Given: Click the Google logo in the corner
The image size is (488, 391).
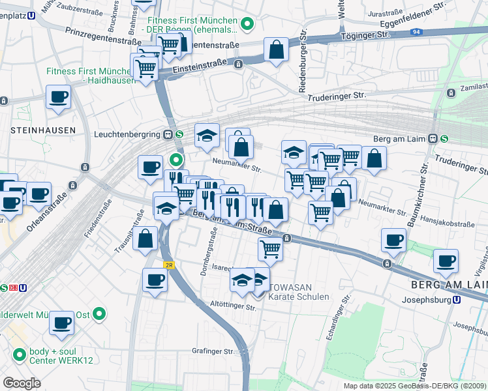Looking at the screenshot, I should [22, 383].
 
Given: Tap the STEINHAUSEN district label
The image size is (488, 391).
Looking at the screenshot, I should [42, 130].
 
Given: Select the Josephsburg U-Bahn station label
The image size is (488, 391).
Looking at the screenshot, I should [427, 300].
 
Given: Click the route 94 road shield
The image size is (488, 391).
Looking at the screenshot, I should [416, 32].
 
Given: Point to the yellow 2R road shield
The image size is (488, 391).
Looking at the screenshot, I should [169, 265].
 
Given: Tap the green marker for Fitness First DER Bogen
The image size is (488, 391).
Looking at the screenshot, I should [247, 25].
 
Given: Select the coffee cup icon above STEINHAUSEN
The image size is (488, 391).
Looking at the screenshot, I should [58, 98].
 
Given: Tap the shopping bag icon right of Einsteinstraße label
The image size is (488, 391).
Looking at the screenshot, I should [276, 49].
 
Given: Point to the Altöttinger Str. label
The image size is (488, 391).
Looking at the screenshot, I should [232, 304].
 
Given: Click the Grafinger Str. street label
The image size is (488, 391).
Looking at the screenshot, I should [213, 351].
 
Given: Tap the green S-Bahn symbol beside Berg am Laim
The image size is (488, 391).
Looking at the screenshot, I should [444, 138].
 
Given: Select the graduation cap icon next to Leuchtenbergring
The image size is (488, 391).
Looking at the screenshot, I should [207, 136].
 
